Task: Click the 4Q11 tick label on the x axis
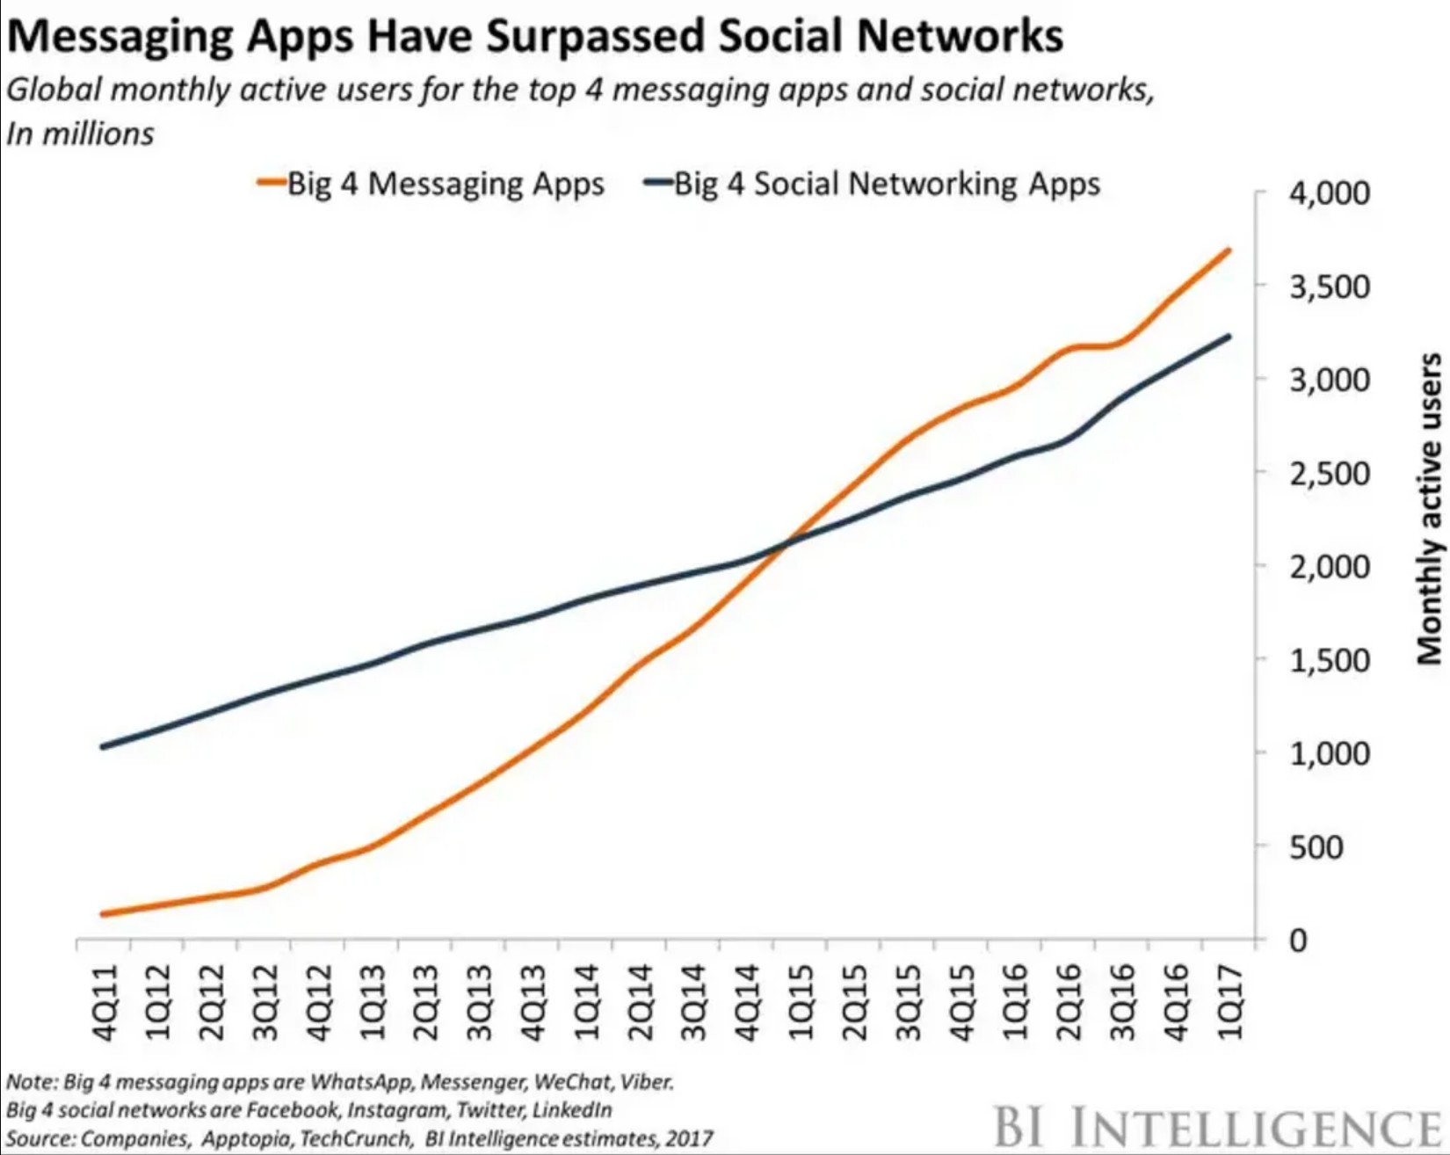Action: [x=105, y=1003]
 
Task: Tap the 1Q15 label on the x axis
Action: [x=801, y=1003]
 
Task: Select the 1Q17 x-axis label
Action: [x=1229, y=1003]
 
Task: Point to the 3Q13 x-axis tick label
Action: [x=479, y=1003]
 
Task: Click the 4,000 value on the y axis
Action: [x=1329, y=193]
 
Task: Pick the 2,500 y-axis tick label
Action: [x=1329, y=474]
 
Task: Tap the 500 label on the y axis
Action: [x=1316, y=847]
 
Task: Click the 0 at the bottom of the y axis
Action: [x=1298, y=941]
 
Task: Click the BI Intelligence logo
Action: [x=1218, y=1126]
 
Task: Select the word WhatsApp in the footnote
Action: [x=361, y=1081]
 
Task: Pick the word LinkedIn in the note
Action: [x=572, y=1109]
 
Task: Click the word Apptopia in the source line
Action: [x=249, y=1138]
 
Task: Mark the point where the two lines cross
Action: [x=785, y=542]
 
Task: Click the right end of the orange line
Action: [x=1228, y=251]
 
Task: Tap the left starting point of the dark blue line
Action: [x=104, y=747]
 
